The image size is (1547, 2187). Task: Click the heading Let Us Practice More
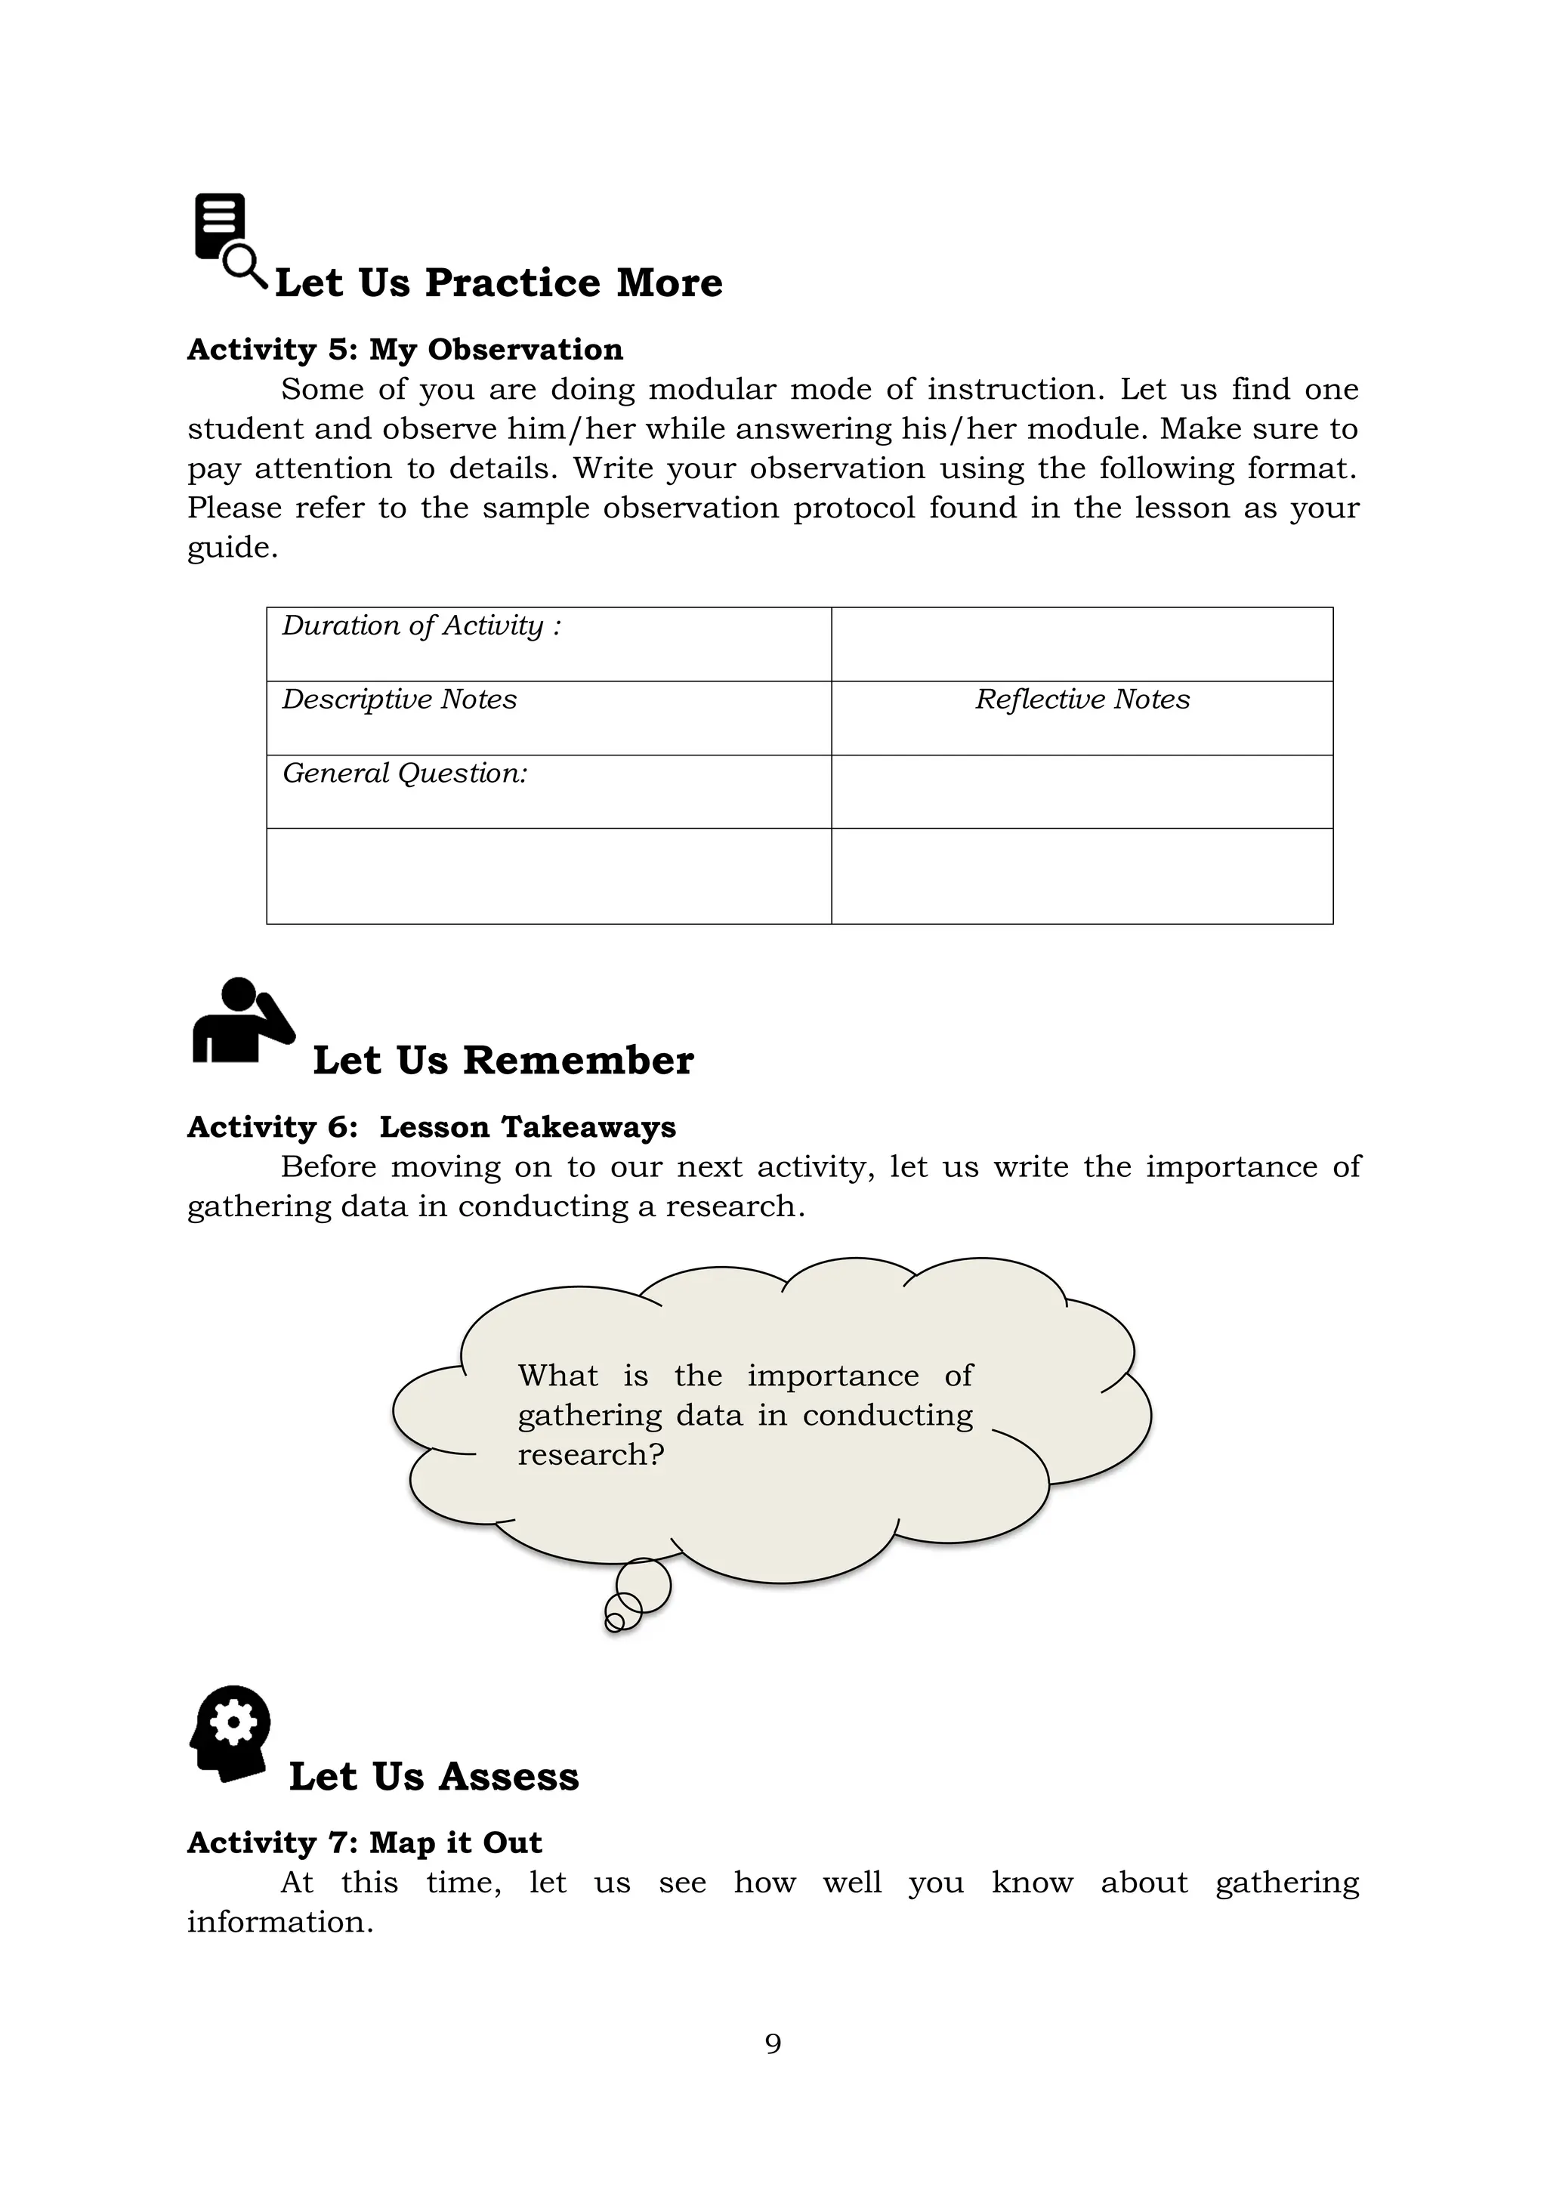click(499, 283)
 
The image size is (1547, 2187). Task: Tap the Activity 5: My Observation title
click(405, 350)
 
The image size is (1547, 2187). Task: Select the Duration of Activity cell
click(548, 643)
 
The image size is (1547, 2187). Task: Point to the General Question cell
click(548, 791)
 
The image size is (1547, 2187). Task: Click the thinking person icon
click(241, 1021)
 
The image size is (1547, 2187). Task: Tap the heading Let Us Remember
click(503, 1060)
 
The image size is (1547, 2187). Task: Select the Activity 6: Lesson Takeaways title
click(431, 1127)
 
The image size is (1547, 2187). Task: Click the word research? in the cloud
click(591, 1454)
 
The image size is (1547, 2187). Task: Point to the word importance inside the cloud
click(832, 1376)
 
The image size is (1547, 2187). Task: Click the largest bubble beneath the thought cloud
click(644, 1586)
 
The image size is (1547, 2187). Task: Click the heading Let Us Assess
click(434, 1777)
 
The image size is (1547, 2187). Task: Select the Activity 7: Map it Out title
click(364, 1843)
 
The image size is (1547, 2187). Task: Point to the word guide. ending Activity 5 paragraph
click(233, 548)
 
